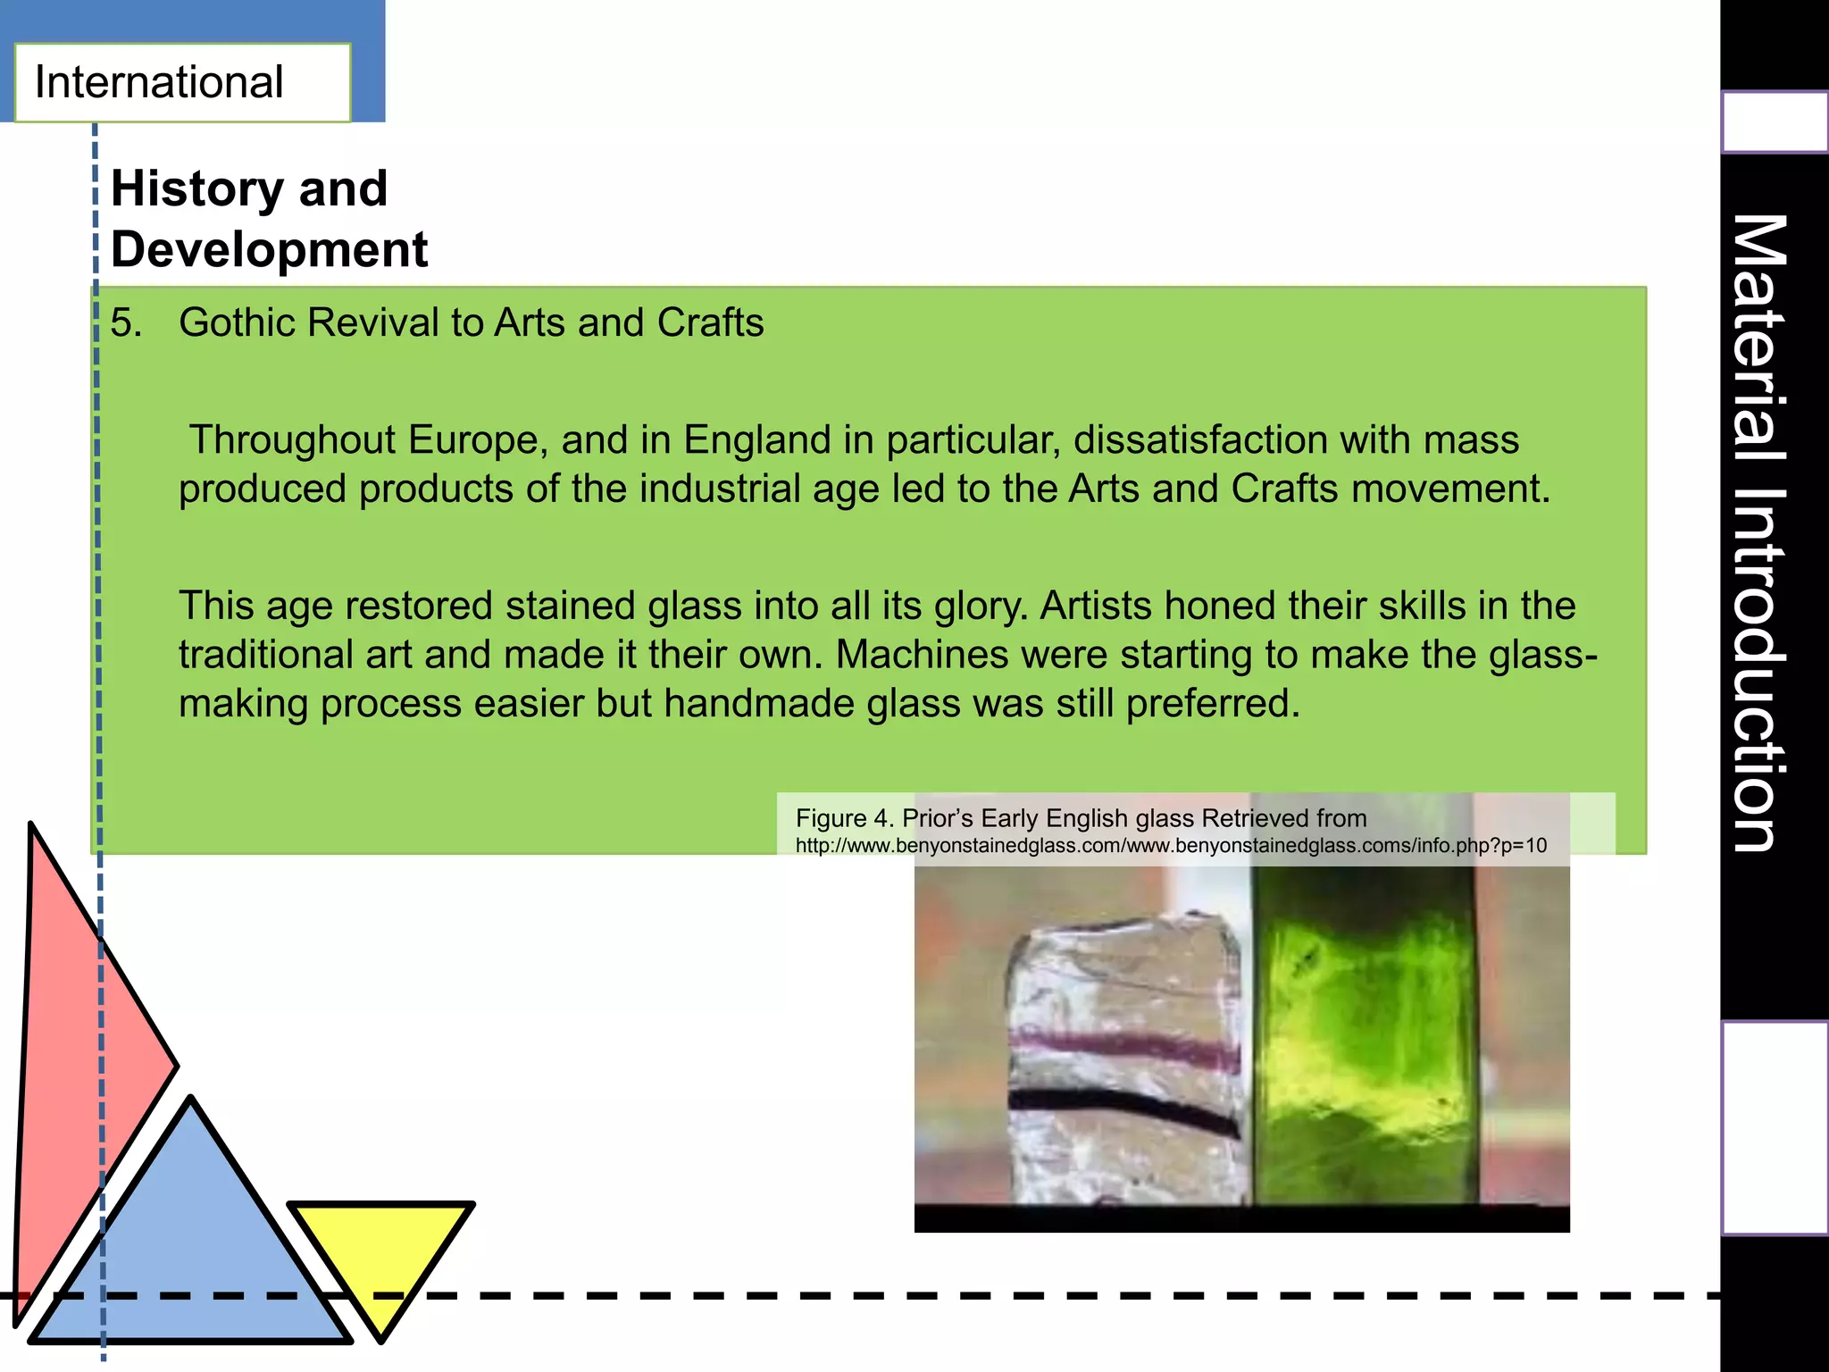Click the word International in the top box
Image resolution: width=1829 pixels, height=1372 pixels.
click(159, 82)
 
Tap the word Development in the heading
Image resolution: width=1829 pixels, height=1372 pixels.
click(269, 249)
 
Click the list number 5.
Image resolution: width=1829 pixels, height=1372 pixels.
click(126, 322)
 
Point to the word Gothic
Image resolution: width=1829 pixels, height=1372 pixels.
click(237, 322)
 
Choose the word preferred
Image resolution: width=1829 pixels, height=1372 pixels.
click(1212, 704)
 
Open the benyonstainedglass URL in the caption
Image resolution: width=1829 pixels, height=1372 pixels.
click(1170, 846)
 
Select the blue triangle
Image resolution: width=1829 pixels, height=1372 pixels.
click(191, 1251)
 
